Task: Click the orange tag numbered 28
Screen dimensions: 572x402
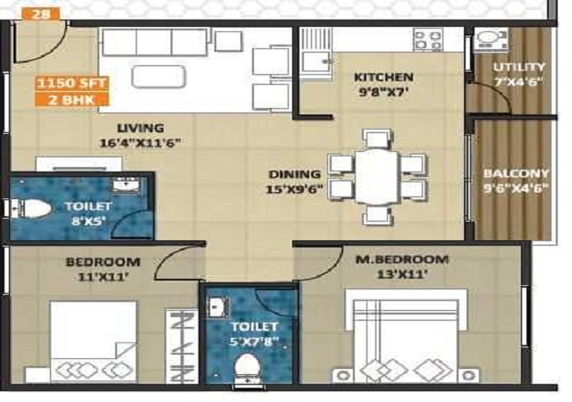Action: pos(41,14)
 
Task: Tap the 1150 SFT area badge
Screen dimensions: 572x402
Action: pos(71,83)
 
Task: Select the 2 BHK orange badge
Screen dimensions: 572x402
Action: pos(71,99)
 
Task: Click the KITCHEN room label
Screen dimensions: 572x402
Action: pos(383,78)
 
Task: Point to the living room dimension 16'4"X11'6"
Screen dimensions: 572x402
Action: pos(140,143)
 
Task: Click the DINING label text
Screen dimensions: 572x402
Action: pos(295,174)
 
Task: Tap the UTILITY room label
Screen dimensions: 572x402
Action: pos(519,67)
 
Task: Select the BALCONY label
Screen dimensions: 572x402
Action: pos(516,173)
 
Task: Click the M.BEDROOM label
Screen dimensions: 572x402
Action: pos(401,259)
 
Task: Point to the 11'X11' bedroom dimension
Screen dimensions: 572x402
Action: pos(104,277)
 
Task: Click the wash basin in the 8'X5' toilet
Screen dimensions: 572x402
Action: pos(125,184)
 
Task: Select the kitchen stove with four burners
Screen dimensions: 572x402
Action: pos(428,40)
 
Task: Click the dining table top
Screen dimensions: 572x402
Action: pos(376,177)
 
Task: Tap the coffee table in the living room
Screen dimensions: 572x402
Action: pos(159,77)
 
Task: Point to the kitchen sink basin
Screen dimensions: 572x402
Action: pos(315,62)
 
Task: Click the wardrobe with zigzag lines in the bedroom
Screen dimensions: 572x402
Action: pos(181,347)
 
